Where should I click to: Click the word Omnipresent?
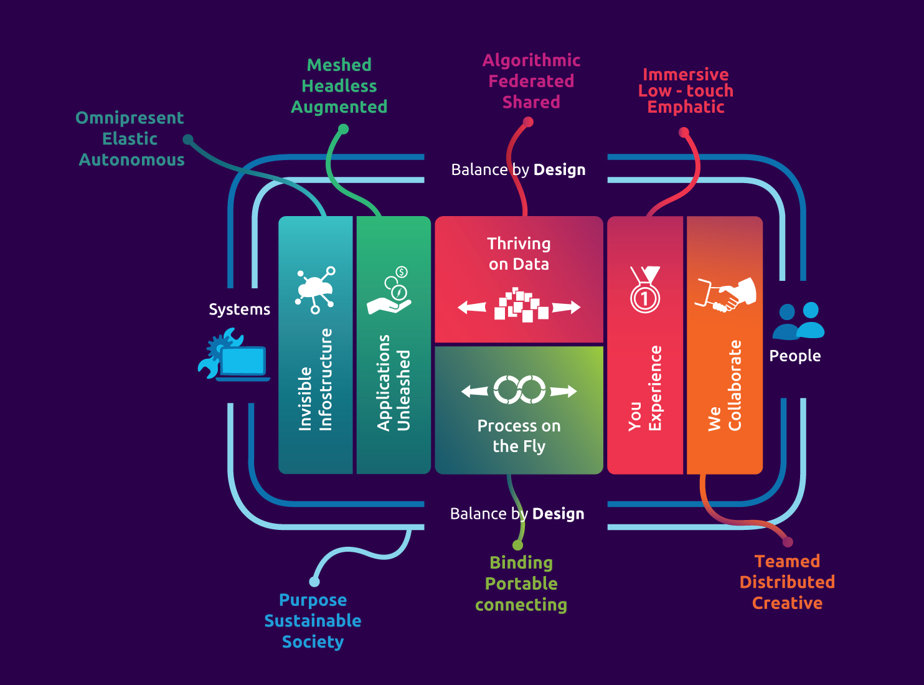(x=130, y=118)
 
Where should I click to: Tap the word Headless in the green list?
(x=339, y=86)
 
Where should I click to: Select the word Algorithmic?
(x=531, y=60)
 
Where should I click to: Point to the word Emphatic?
(x=686, y=107)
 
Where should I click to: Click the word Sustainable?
(x=313, y=621)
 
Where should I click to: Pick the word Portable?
(x=521, y=583)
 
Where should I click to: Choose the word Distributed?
(x=787, y=582)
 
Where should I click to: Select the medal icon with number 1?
(x=645, y=290)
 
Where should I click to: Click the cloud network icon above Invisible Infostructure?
(x=316, y=290)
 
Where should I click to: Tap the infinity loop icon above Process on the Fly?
(x=519, y=390)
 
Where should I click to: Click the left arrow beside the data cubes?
(x=472, y=307)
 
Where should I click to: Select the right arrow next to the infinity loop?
(x=563, y=391)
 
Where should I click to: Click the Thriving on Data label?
(x=519, y=253)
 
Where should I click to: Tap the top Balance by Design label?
(x=518, y=169)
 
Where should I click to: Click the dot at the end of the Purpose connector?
(x=314, y=582)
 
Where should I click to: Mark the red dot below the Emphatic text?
(x=684, y=132)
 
